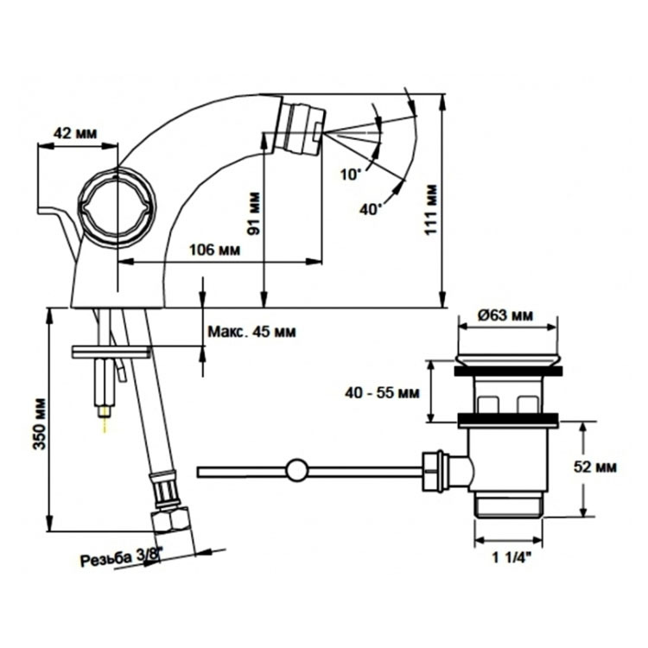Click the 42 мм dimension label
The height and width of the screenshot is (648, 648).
click(x=75, y=133)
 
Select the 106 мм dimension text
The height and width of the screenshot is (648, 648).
click(x=214, y=250)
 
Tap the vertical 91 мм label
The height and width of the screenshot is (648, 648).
click(x=254, y=213)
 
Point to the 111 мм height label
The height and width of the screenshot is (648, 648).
click(x=431, y=210)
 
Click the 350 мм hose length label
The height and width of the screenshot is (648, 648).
click(x=39, y=423)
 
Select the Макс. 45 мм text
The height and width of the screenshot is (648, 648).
click(x=251, y=332)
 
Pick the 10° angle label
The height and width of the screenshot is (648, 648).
click(x=351, y=174)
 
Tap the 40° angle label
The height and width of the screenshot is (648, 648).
click(x=370, y=209)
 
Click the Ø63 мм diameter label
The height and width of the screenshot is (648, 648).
click(x=505, y=315)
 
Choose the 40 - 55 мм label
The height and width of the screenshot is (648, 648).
click(x=382, y=392)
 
